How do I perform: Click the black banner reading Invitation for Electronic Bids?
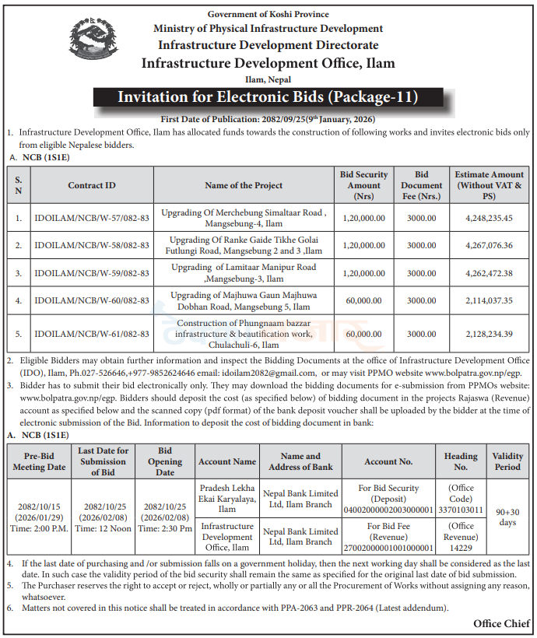click(268, 97)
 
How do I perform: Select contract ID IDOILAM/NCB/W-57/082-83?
click(92, 218)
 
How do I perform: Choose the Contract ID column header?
click(92, 185)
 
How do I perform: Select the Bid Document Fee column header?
click(421, 185)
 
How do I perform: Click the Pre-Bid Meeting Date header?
click(39, 461)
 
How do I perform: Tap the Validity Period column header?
click(507, 461)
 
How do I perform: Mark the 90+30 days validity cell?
click(507, 517)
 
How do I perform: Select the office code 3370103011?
click(461, 510)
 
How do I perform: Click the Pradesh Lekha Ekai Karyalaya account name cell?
click(226, 499)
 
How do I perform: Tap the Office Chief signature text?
click(502, 624)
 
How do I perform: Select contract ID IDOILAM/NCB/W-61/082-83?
click(92, 334)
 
